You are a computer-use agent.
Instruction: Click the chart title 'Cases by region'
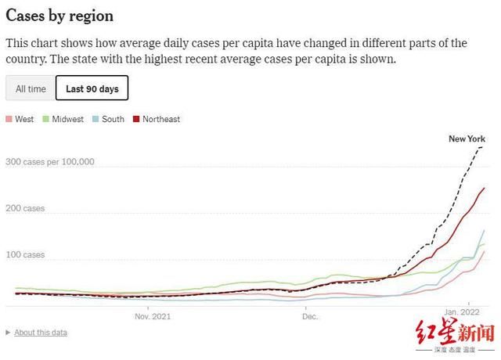(59, 16)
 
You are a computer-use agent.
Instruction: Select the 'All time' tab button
(31, 88)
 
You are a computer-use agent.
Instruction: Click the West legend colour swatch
(9, 120)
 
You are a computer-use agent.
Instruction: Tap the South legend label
(113, 120)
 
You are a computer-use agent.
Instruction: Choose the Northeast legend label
(160, 120)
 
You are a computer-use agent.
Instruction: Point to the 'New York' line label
(467, 139)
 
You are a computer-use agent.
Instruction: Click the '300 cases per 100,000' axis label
(49, 163)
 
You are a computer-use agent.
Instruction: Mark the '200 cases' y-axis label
(25, 209)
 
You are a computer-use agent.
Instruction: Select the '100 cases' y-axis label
(25, 255)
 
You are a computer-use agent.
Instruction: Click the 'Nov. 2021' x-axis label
(153, 317)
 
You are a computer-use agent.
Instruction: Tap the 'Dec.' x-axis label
(310, 317)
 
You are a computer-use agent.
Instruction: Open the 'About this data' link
(40, 333)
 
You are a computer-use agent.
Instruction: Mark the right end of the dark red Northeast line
(485, 188)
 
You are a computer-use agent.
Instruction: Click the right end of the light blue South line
(485, 230)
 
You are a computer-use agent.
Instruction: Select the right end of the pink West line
(485, 251)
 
